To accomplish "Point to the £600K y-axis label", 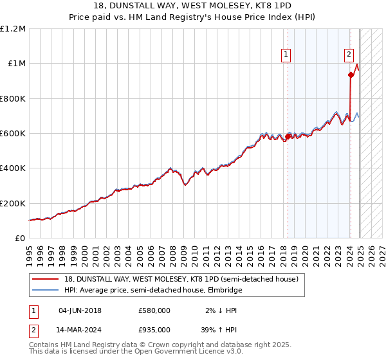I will click(x=12, y=134).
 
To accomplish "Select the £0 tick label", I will click(x=19, y=239).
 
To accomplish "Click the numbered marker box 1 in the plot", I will click(x=285, y=55).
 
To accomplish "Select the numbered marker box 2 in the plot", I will click(x=349, y=55).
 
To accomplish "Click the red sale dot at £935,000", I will click(x=351, y=75).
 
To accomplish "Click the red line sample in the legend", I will click(x=47, y=280).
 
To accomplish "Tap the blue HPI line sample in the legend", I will click(x=47, y=290).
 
